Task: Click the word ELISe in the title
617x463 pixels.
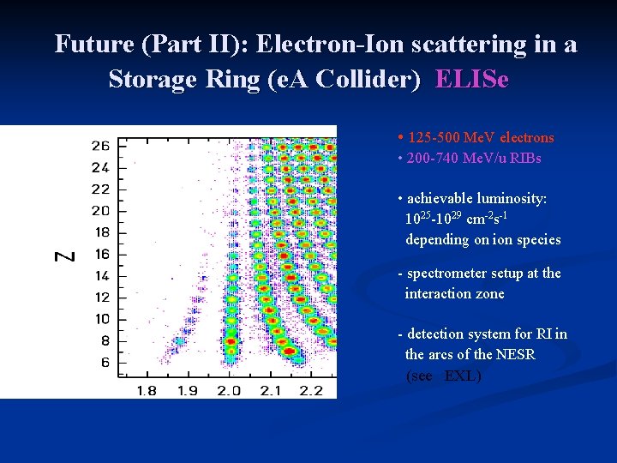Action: click(471, 80)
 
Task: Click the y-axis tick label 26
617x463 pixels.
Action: click(100, 146)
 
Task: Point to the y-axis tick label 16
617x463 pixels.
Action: click(100, 254)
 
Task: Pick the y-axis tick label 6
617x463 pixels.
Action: click(104, 363)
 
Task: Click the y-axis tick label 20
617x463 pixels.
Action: click(100, 211)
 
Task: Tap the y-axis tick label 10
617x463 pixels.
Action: click(100, 319)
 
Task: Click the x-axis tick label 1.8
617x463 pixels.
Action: click(147, 391)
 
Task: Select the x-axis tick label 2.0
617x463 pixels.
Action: click(228, 391)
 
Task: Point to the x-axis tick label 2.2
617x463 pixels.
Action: click(310, 391)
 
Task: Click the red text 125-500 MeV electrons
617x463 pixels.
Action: click(481, 137)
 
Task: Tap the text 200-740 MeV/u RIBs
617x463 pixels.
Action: click(474, 158)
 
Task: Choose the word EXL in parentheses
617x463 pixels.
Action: click(462, 376)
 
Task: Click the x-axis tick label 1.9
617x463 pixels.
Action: click(188, 391)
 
